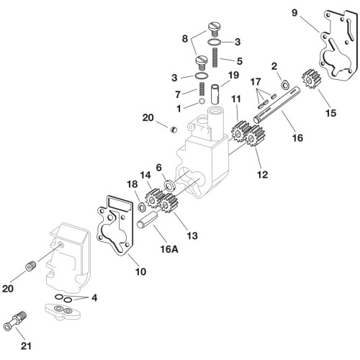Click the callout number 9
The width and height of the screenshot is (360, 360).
294,13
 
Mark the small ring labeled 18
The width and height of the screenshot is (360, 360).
142,207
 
